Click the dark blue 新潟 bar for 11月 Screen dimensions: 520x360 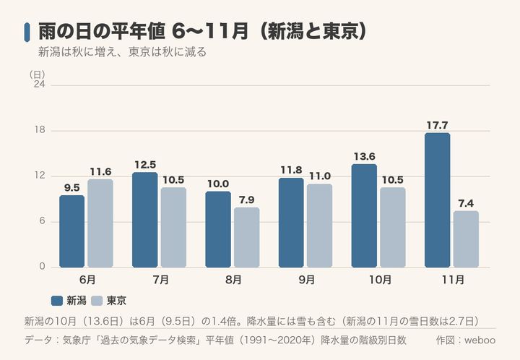pyautogui.click(x=437, y=200)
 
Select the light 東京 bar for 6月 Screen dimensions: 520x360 pyautogui.click(x=100, y=223)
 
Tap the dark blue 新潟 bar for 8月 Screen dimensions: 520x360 pyautogui.click(x=218, y=229)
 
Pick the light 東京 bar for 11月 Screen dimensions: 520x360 pyautogui.click(x=466, y=239)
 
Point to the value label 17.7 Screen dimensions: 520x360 pyautogui.click(x=437, y=125)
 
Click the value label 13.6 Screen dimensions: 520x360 pyautogui.click(x=364, y=157)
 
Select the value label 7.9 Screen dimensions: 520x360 pyautogui.click(x=246, y=200)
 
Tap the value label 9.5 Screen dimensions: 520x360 pyautogui.click(x=72, y=188)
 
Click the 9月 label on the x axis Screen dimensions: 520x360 pyautogui.click(x=306, y=280)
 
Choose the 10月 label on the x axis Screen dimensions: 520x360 pyautogui.click(x=380, y=280)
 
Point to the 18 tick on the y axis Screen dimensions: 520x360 pyautogui.click(x=40, y=129)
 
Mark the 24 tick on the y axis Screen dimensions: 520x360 pyautogui.click(x=40, y=85)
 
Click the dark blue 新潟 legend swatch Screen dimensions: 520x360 pyautogui.click(x=57, y=301)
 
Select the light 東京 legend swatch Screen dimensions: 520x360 pyautogui.click(x=97, y=301)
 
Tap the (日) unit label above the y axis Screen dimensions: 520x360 pyautogui.click(x=37, y=74)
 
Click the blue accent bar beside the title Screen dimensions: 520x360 pyautogui.click(x=27, y=33)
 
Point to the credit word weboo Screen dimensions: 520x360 pyautogui.click(x=480, y=340)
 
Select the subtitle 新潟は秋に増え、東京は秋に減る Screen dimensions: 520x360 pyautogui.click(x=122, y=52)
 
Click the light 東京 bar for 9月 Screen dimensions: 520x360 pyautogui.click(x=319, y=226)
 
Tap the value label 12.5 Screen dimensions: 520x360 pyautogui.click(x=145, y=165)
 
